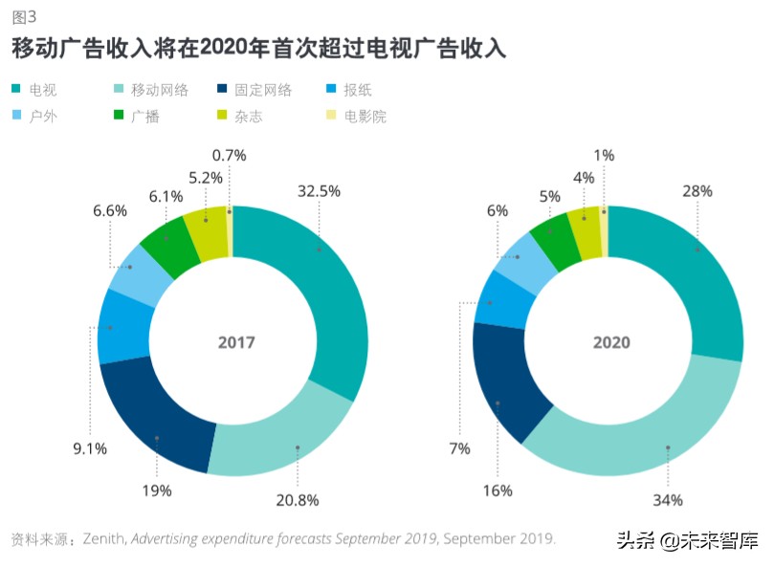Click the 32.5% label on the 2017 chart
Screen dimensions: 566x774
click(319, 191)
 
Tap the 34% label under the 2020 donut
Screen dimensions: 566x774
click(668, 499)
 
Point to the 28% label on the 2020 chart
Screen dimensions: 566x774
click(697, 191)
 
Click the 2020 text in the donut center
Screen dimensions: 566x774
click(610, 342)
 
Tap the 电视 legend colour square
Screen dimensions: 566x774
click(16, 91)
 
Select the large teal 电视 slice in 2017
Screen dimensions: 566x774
click(330, 287)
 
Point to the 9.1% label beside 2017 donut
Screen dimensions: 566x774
click(91, 448)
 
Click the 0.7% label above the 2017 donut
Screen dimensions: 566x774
click(230, 155)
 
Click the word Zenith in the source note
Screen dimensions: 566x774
click(104, 538)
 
